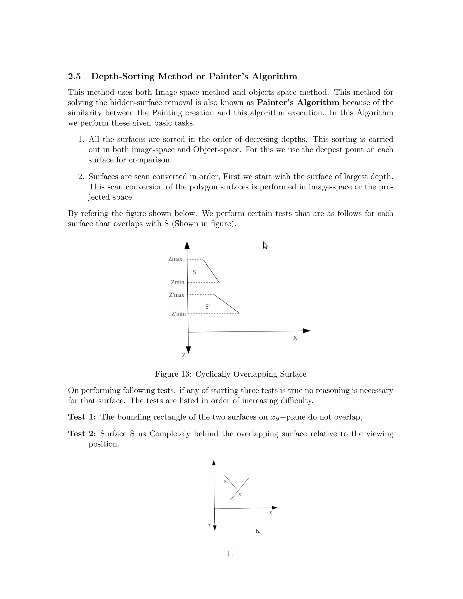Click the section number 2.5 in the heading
(74, 76)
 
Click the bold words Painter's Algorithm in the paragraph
(298, 103)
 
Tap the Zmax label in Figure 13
(175, 259)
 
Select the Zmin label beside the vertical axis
(177, 282)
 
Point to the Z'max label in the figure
(176, 295)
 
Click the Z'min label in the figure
(178, 314)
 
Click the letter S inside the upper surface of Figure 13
(194, 272)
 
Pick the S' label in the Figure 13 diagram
(207, 307)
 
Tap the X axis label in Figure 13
(295, 338)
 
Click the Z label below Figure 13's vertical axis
(184, 355)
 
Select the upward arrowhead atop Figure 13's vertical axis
(187, 245)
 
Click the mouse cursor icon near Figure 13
(265, 245)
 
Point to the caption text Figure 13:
(173, 374)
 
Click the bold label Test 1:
(82, 417)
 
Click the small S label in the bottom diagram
(225, 482)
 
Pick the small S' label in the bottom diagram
(240, 495)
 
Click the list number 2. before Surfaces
(81, 177)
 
